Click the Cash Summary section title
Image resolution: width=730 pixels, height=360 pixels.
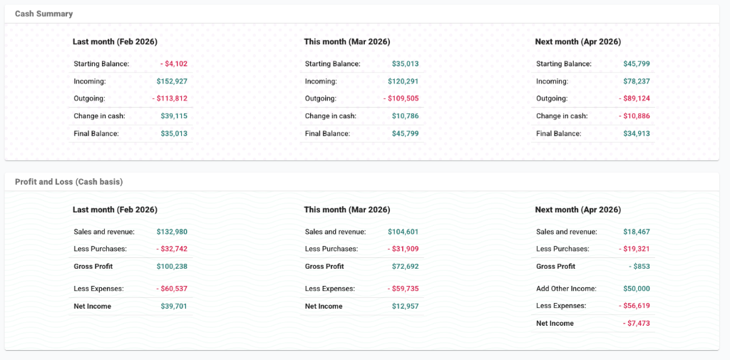43,14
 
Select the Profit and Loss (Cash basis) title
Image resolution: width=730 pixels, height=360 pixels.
69,182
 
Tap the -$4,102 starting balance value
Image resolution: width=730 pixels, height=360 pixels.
174,64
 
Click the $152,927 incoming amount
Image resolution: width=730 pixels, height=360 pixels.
172,81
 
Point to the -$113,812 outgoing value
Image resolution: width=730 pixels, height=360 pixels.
170,98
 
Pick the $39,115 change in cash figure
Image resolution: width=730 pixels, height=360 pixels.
174,115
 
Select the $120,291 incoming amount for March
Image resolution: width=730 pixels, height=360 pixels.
403,81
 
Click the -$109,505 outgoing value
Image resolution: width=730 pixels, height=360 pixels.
401,98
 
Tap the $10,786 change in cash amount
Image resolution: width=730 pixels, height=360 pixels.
405,115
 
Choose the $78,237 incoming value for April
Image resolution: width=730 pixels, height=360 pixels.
636,81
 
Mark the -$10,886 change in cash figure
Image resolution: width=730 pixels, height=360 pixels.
634,115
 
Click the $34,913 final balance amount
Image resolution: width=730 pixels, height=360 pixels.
636,133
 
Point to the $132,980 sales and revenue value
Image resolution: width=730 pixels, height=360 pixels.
172,232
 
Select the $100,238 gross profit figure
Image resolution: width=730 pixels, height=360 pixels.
172,266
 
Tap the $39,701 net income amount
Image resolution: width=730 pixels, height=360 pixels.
174,306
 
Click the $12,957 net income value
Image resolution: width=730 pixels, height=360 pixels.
405,306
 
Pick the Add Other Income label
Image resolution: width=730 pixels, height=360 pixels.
566,289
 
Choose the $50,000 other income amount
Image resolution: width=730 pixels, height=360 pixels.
636,289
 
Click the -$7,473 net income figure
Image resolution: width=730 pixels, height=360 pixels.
636,323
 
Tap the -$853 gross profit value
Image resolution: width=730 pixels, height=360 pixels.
639,266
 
